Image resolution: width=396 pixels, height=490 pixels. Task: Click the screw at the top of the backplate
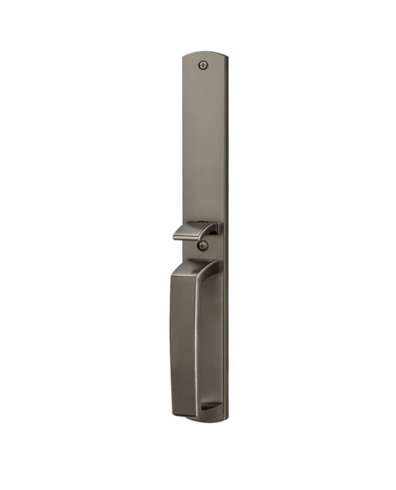[x=202, y=65]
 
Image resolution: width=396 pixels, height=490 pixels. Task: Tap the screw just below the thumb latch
[x=202, y=246]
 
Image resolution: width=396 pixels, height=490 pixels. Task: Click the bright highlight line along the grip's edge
[x=195, y=346]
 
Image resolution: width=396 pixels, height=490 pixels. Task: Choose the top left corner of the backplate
[x=184, y=57]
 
